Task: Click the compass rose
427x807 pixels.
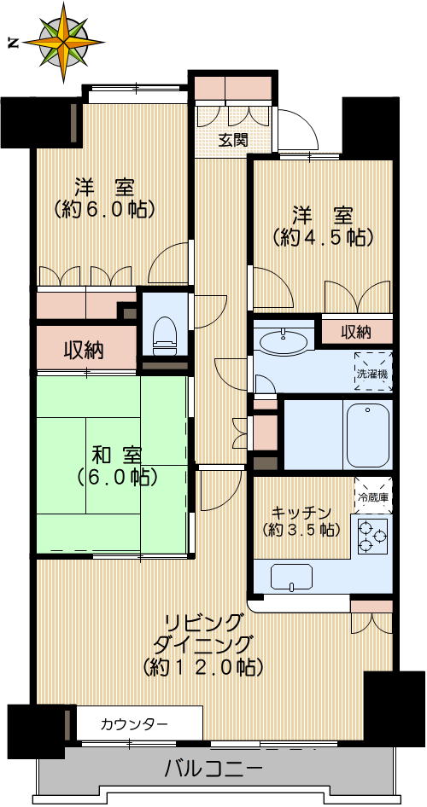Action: (65, 41)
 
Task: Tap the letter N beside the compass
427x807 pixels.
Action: (13, 42)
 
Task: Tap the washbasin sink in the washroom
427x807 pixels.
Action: (284, 343)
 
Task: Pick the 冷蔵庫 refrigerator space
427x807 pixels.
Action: (373, 496)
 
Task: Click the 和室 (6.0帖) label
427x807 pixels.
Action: (112, 465)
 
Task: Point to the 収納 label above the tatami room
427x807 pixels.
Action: (85, 350)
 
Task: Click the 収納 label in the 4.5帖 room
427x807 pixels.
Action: (356, 331)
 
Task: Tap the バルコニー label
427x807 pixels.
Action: (213, 769)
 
